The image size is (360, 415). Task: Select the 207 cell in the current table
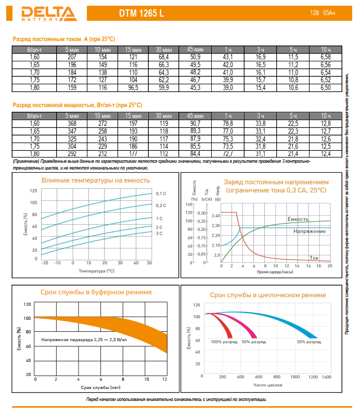72,56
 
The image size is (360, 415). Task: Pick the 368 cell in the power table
72,123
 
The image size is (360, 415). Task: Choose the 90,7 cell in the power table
196,123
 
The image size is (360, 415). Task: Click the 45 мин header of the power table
196,115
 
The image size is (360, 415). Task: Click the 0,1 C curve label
161,193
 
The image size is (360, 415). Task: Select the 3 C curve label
159,234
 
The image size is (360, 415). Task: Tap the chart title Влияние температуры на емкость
96,180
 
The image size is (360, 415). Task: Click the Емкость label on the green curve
298,219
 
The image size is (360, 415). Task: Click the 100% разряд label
224,342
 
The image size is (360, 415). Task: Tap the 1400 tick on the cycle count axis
327,376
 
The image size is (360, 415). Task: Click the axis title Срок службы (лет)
100,387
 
